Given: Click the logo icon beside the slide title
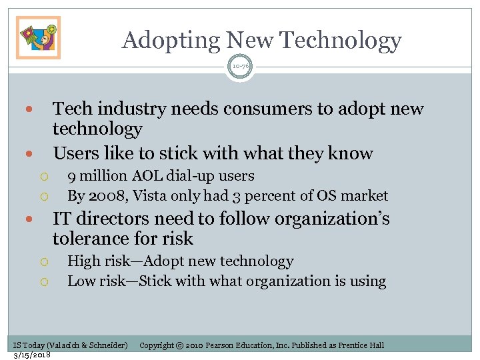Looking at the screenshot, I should click(38, 37).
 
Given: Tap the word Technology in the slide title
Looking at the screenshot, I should click(340, 40).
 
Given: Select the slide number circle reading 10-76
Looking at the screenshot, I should click(240, 66).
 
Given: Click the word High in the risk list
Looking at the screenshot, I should click(82, 261).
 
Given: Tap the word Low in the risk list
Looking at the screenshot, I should click(81, 281).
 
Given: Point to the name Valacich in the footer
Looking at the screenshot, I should click(63, 345).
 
